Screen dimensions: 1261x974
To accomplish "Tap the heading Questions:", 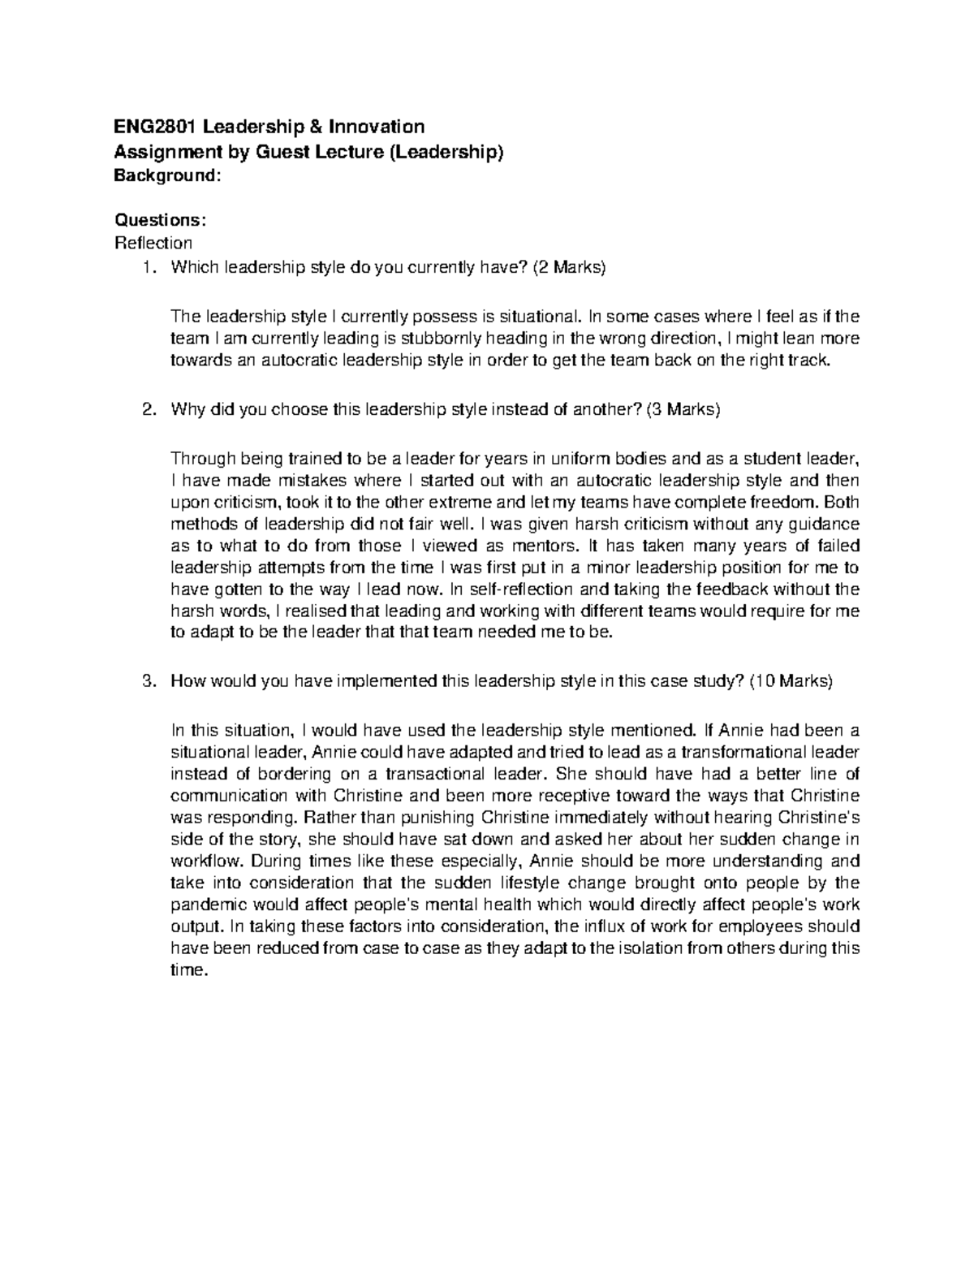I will click(x=161, y=220).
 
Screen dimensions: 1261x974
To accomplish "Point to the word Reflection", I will click(x=154, y=243).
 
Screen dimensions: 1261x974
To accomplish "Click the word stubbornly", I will click(x=437, y=338).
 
